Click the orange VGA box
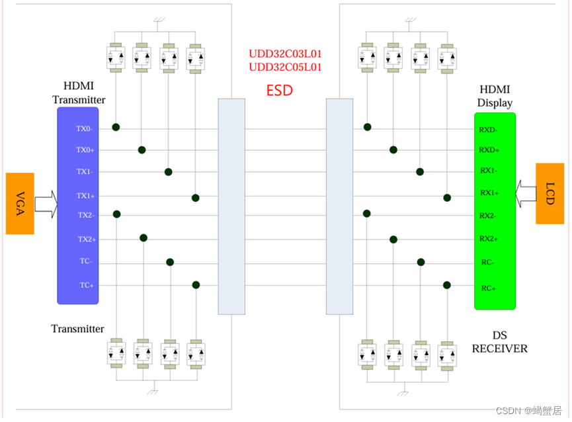click(20, 204)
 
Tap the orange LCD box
click(550, 193)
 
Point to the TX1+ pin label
click(85, 196)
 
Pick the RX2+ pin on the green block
click(489, 239)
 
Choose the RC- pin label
click(488, 263)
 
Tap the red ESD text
click(279, 91)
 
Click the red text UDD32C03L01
click(285, 54)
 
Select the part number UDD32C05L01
click(285, 67)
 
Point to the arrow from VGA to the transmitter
click(46, 204)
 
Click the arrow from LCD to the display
click(528, 193)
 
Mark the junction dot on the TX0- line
click(116, 127)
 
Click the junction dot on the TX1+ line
click(196, 198)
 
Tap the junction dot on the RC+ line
click(447, 285)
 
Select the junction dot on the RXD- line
click(368, 127)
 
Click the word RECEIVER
click(500, 349)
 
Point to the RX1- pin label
click(488, 170)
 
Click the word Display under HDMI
click(495, 103)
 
